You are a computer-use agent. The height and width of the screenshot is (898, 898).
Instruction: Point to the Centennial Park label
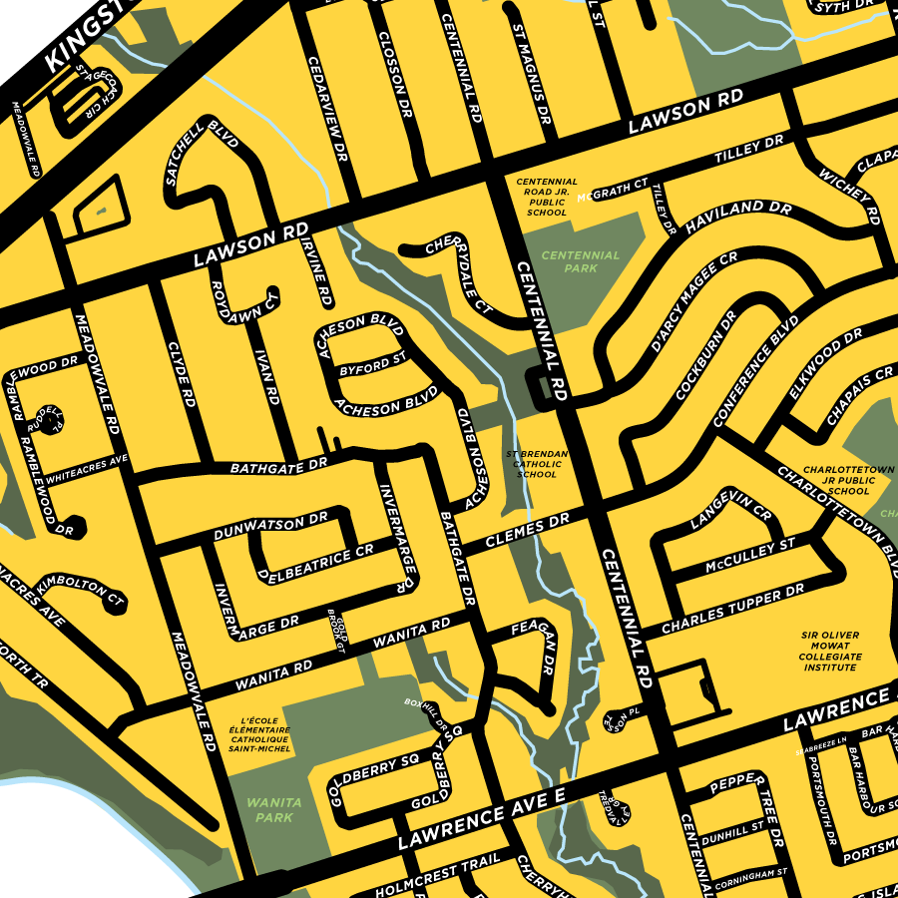(x=581, y=261)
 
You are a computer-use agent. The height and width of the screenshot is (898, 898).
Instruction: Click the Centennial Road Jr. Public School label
(x=547, y=198)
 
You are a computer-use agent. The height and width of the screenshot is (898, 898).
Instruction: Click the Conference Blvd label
(x=757, y=369)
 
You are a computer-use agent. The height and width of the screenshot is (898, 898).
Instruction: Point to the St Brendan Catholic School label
(x=538, y=464)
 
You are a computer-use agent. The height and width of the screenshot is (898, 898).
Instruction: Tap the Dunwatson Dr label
(x=271, y=527)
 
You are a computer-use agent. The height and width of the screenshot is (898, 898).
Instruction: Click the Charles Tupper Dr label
(x=731, y=609)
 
